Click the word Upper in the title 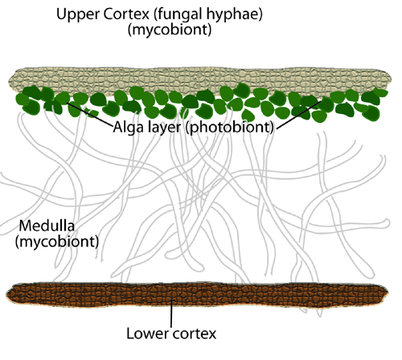[x=78, y=14]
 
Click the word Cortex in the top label [x=126, y=14]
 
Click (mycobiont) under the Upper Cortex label [x=170, y=30]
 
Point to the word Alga [x=129, y=127]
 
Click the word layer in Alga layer [x=165, y=127]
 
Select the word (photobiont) [x=230, y=127]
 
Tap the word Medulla [x=47, y=226]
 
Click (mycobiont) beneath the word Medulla [x=57, y=241]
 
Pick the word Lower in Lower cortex [x=147, y=333]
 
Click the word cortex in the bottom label [x=195, y=334]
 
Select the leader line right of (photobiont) [x=298, y=115]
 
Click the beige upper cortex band [x=199, y=80]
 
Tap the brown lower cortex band [x=197, y=294]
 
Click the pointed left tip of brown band [x=6, y=293]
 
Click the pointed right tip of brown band [x=388, y=292]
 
